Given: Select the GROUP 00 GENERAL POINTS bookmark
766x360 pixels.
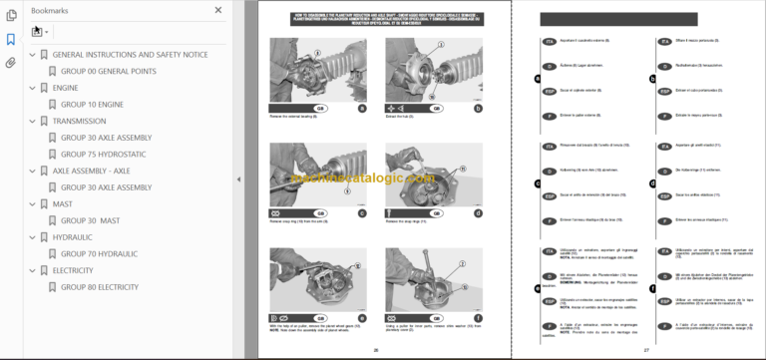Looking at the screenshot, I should tap(109, 70).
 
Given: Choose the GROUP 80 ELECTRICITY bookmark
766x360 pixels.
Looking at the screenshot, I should tap(99, 287).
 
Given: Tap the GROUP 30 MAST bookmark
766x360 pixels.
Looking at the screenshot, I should tap(90, 220).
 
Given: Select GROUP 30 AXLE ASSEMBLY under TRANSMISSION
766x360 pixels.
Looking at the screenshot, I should tap(106, 138).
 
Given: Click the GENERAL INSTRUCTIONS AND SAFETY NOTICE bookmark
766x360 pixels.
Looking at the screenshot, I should tap(130, 54).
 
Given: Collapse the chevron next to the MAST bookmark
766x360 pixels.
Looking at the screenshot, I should tap(31, 203).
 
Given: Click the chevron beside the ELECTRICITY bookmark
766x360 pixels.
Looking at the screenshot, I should tap(31, 270).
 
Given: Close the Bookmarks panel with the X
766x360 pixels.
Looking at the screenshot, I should tap(217, 10).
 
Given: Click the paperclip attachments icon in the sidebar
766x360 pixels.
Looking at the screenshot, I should tap(11, 62).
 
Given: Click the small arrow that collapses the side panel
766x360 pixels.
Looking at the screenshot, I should tap(237, 180).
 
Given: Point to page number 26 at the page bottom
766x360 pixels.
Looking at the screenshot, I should tap(376, 350).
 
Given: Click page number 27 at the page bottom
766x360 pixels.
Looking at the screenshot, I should tap(645, 350).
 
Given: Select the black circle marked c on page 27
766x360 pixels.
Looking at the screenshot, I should tap(537, 182).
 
